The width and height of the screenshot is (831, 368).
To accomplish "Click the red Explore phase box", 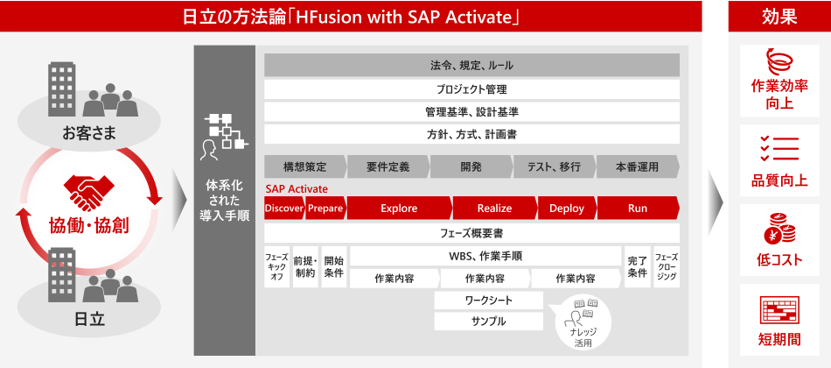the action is [399, 209].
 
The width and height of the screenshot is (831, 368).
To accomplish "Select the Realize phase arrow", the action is [494, 209].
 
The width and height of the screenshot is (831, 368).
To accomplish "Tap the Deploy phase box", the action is [567, 209].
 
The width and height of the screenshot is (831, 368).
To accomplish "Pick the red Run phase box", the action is [638, 209].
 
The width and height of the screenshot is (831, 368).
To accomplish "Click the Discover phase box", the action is [284, 209].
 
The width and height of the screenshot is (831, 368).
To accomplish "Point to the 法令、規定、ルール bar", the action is [471, 66].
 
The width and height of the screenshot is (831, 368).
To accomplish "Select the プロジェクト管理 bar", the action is [471, 89].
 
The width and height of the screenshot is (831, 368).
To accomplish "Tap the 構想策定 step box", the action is [305, 166].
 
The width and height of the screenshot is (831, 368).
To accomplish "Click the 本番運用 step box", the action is [638, 166].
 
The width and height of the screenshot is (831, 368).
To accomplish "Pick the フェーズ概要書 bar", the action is [471, 233].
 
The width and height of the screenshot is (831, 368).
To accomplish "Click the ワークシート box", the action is [489, 300].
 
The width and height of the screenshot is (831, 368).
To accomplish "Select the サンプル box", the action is [489, 322].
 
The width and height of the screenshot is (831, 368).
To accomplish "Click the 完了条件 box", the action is [637, 266].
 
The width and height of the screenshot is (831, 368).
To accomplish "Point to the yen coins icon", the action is [779, 230].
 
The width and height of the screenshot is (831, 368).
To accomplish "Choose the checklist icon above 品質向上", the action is [779, 149].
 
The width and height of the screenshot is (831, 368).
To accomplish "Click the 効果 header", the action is [779, 17].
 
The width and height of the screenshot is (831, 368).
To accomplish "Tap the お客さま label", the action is [88, 134].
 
